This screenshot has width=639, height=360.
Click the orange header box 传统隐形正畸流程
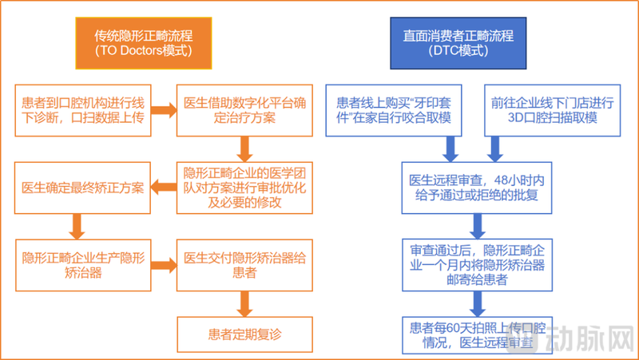coord(144,43)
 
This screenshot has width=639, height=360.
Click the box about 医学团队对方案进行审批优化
coord(244,187)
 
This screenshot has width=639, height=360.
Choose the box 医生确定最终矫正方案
coord(83,188)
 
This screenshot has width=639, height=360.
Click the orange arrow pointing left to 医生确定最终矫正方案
coord(165,188)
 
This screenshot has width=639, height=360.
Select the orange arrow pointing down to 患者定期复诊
coord(245,301)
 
